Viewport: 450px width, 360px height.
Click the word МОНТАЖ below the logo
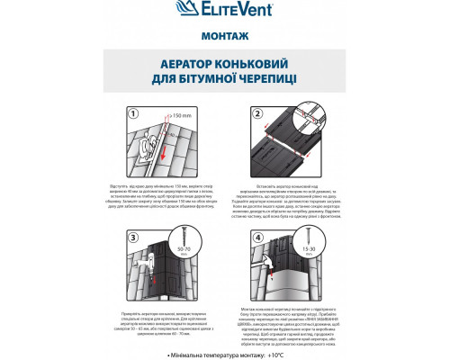pyautogui.click(x=224, y=38)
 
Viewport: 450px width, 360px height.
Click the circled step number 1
pyautogui.click(x=134, y=113)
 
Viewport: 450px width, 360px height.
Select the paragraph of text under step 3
pyautogui.click(x=174, y=318)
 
